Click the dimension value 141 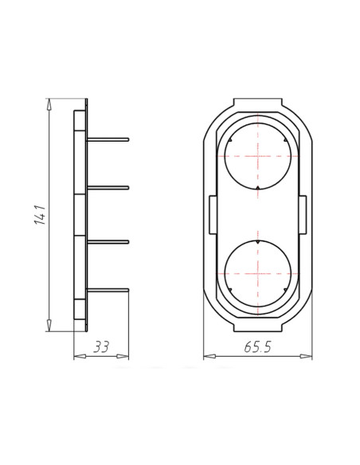pyautogui.click(x=40, y=216)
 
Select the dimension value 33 pyautogui.click(x=101, y=346)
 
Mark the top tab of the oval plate pyautogui.click(x=256, y=104)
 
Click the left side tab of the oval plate pyautogui.click(x=209, y=215)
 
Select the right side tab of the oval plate pyautogui.click(x=304, y=215)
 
